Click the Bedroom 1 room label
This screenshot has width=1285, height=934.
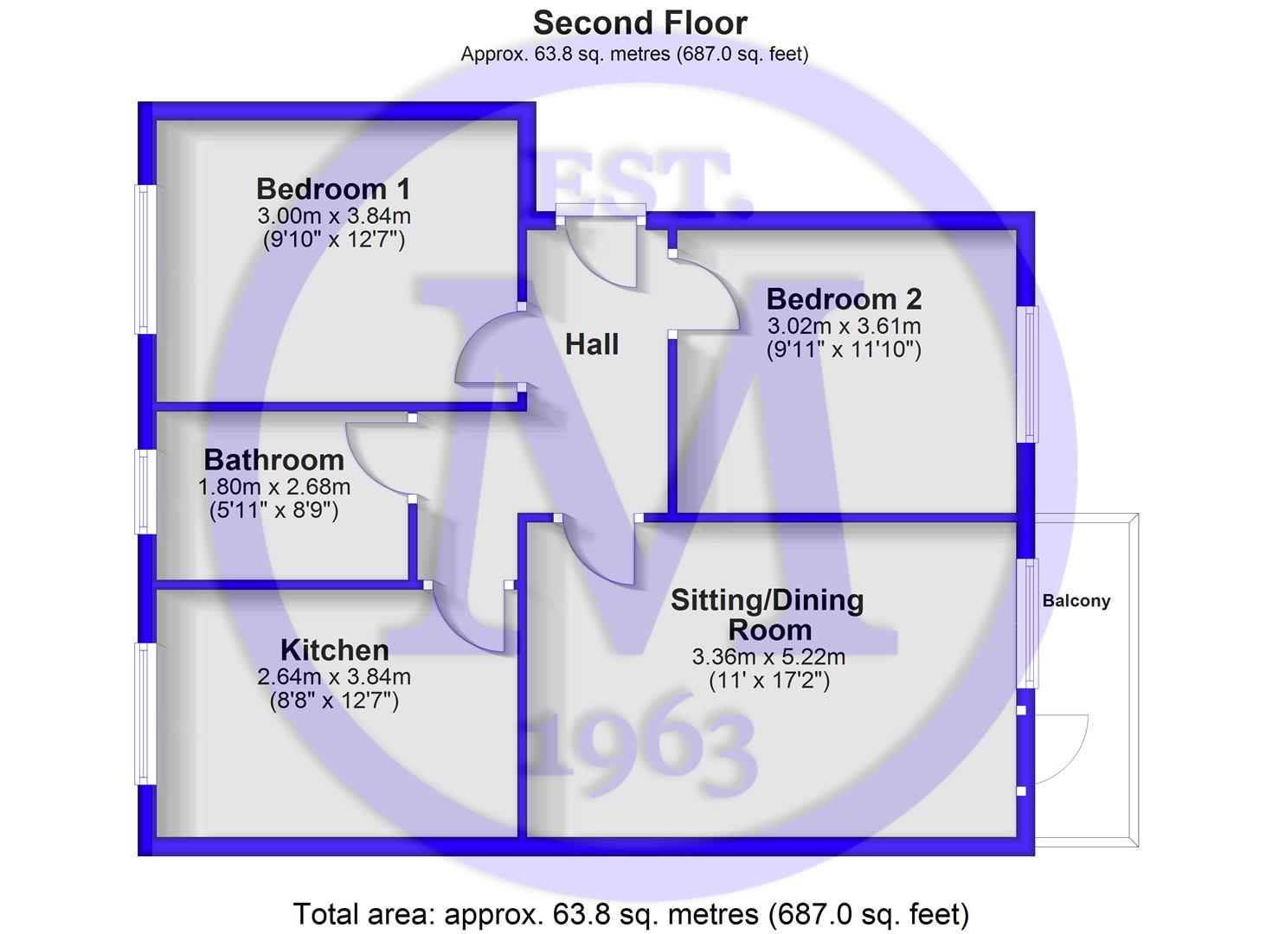pos(333,189)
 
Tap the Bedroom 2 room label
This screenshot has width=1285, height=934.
pos(844,299)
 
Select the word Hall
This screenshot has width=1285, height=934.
pos(592,344)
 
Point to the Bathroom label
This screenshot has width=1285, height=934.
pos(273,460)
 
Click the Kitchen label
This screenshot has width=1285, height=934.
pos(334,650)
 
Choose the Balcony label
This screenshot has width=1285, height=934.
pos(1076,601)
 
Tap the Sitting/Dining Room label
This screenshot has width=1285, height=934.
pos(768,615)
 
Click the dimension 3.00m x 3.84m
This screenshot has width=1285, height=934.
pos(334,216)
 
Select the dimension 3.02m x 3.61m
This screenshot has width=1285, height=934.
pos(844,326)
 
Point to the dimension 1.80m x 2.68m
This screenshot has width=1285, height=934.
pos(273,487)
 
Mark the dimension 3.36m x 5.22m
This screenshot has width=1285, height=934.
pos(768,657)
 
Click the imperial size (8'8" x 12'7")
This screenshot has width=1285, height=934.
pos(334,701)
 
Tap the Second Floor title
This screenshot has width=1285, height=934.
pos(640,23)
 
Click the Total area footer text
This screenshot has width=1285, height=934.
pos(631,914)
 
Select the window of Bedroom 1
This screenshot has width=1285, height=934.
pos(145,259)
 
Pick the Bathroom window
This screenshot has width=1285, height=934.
pos(145,491)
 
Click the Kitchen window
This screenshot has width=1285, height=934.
pos(145,713)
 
